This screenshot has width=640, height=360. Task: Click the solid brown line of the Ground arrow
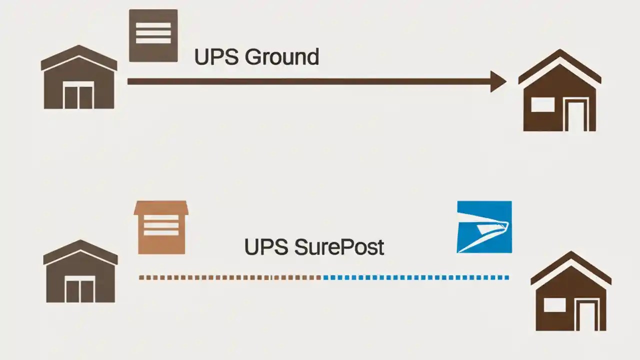tap(300, 81)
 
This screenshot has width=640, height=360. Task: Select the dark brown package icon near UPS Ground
tap(153, 35)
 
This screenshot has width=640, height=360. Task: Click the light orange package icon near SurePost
tap(161, 227)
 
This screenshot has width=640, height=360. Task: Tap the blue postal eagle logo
tap(484, 227)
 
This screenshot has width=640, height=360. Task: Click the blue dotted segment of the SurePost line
tap(415, 277)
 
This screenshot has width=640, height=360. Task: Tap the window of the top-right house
tap(542, 105)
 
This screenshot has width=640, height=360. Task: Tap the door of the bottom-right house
tap(588, 315)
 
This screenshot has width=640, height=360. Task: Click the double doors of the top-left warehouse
tap(79, 97)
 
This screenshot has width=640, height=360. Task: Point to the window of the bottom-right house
tap(554, 304)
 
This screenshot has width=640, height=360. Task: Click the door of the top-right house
tap(576, 116)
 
